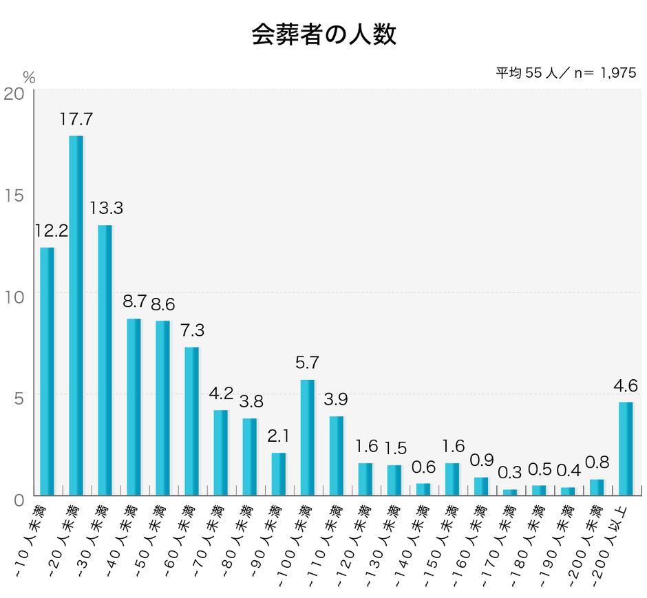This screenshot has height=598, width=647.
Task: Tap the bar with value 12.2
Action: [47, 371]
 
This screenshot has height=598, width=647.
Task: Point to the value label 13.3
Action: [105, 208]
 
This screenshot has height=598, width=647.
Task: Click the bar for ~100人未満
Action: [308, 437]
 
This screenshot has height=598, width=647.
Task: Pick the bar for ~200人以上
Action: [626, 448]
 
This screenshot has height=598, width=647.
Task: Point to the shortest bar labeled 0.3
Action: [510, 492]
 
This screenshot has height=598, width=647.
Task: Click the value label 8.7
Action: [134, 301]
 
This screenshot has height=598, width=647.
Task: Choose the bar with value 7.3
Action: [192, 421]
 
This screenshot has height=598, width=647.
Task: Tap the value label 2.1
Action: [279, 436]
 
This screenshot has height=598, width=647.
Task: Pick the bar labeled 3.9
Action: [337, 456]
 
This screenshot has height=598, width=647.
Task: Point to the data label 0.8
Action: [597, 462]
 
